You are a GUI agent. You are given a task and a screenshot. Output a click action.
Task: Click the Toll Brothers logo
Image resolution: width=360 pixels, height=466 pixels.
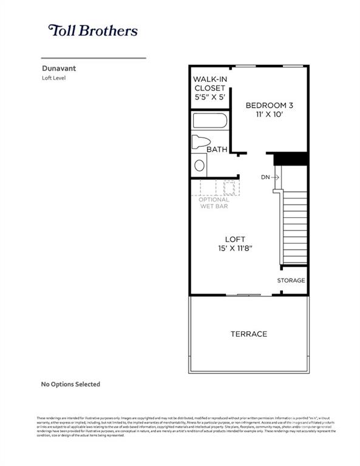pyautogui.click(x=92, y=30)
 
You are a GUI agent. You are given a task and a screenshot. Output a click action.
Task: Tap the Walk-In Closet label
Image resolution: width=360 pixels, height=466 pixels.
pyautogui.click(x=209, y=84)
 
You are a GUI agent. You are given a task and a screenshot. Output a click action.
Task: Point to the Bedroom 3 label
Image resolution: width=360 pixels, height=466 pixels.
pyautogui.click(x=268, y=106)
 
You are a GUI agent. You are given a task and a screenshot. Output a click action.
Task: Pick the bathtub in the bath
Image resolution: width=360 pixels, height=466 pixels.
pyautogui.click(x=210, y=120)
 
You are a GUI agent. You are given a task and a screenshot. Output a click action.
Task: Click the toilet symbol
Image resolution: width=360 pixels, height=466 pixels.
pyautogui.click(x=200, y=142)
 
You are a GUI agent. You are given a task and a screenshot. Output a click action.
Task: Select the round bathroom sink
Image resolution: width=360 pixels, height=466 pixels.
pyautogui.click(x=199, y=164)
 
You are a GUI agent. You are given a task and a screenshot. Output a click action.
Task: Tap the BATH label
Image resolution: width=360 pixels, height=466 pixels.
pyautogui.click(x=217, y=149)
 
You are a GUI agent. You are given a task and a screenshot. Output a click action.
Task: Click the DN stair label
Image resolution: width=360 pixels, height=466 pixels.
pyautogui.click(x=265, y=177)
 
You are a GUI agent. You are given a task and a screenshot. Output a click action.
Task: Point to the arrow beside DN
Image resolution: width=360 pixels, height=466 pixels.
pyautogui.click(x=275, y=177)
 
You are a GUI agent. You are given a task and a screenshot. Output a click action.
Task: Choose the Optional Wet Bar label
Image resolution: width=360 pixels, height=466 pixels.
pyautogui.click(x=215, y=203)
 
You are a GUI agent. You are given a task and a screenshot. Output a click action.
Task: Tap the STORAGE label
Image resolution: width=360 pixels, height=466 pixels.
pyautogui.click(x=291, y=280)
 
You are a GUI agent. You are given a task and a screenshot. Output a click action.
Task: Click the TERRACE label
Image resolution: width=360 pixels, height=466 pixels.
pyautogui.click(x=248, y=334)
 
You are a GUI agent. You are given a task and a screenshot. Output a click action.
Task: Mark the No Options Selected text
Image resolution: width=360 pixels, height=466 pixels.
pyautogui.click(x=70, y=384)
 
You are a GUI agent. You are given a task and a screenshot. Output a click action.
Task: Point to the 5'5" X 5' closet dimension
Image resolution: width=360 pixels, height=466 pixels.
pyautogui.click(x=209, y=96)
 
